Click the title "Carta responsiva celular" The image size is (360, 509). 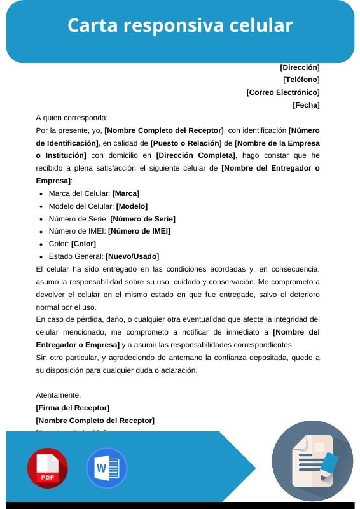[x=180, y=25]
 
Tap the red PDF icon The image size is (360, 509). [x=47, y=468]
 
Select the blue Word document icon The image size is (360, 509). [x=106, y=468]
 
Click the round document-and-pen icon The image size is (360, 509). [x=312, y=461]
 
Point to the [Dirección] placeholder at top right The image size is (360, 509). [x=300, y=67]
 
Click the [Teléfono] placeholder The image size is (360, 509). [x=301, y=80]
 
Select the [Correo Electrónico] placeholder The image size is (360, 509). [x=283, y=92]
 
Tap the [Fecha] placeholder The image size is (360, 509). [x=306, y=105]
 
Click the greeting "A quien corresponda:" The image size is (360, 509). [x=72, y=118]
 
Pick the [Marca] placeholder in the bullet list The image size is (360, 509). [x=126, y=193]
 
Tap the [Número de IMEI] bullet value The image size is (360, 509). [x=139, y=231]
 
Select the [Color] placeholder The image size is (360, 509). [x=83, y=244]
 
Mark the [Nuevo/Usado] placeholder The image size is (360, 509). [x=132, y=256]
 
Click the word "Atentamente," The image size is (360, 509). [x=59, y=395]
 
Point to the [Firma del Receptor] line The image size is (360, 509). [x=73, y=408]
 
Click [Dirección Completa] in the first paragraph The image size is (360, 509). [x=195, y=155]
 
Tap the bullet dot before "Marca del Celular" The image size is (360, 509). [x=41, y=194]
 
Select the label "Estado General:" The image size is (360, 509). [x=76, y=256]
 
